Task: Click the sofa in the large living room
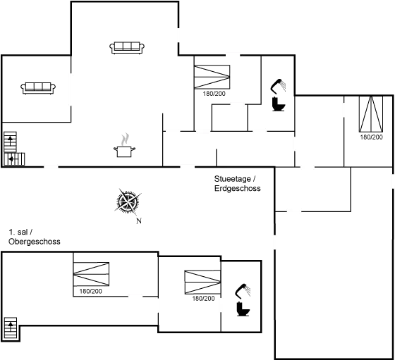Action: (128, 47)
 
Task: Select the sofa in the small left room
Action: (39, 88)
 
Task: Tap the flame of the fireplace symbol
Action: (126, 138)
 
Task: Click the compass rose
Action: (128, 202)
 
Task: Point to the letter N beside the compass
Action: (138, 221)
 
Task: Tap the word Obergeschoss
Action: (34, 242)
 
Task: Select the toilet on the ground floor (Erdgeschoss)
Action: (278, 97)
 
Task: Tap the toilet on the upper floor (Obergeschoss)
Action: (242, 299)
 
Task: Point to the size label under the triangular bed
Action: (371, 137)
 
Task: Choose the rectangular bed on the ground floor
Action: (212, 75)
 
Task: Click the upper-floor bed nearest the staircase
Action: (91, 275)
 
